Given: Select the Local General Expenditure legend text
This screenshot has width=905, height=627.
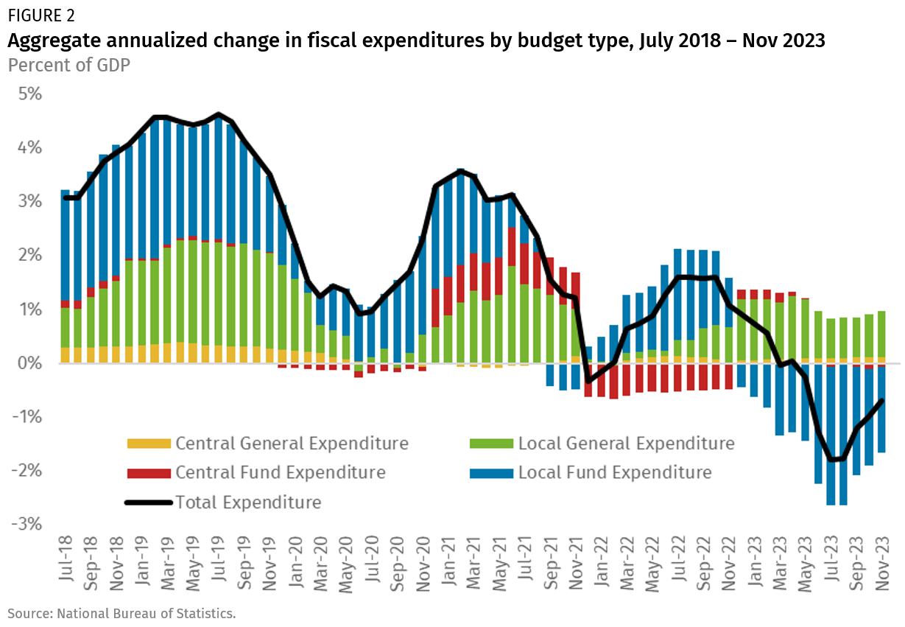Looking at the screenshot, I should (x=626, y=444).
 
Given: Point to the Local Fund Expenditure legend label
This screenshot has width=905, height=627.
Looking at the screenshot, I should (x=615, y=472).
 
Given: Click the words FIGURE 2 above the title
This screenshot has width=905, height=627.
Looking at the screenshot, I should (x=41, y=15).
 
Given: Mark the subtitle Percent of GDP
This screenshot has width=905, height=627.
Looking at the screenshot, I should (x=68, y=65).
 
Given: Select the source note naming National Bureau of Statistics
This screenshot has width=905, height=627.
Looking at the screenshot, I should (x=122, y=612).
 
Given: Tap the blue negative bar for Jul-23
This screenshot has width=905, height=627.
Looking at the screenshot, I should (x=831, y=435).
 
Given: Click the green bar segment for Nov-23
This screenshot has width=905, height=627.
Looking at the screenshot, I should (x=882, y=334).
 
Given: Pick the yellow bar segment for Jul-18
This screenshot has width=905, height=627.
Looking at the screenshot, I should (x=66, y=355).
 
